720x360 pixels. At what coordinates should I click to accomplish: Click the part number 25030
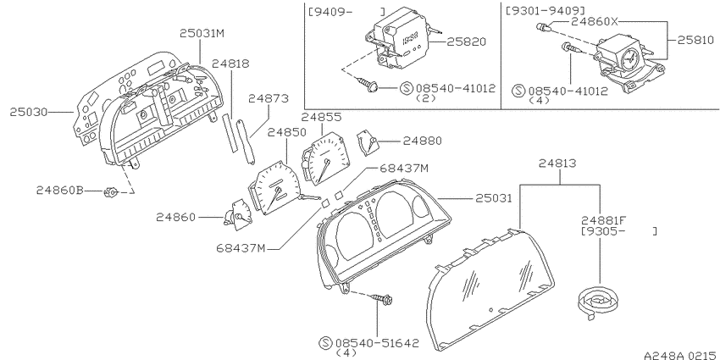click(x=29, y=112)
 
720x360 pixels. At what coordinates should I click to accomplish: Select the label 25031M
click(x=202, y=33)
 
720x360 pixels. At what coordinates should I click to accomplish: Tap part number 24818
click(x=230, y=64)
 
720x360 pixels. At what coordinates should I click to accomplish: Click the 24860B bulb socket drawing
click(x=111, y=192)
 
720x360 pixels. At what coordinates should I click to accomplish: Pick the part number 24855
click(x=321, y=117)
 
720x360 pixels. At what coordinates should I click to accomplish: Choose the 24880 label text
click(x=423, y=141)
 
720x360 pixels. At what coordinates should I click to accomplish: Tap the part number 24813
click(x=557, y=163)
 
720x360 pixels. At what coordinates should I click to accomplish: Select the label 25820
click(x=466, y=42)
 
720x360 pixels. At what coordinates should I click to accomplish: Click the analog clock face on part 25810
click(x=629, y=58)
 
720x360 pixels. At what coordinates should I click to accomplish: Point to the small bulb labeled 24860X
click(x=543, y=29)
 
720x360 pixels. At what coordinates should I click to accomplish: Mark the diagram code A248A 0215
click(x=681, y=355)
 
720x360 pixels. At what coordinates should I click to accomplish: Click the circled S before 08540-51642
click(x=325, y=342)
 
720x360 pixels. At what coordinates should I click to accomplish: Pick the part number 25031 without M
click(x=494, y=198)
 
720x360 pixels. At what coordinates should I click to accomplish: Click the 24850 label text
click(x=286, y=133)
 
